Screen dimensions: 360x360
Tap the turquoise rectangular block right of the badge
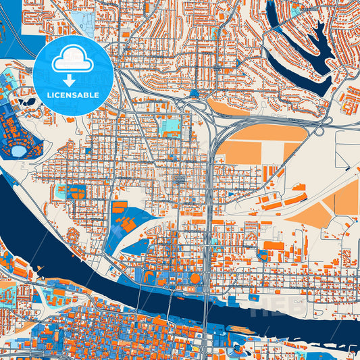[x=172, y=124]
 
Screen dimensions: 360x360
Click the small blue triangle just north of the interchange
[x=195, y=94]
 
